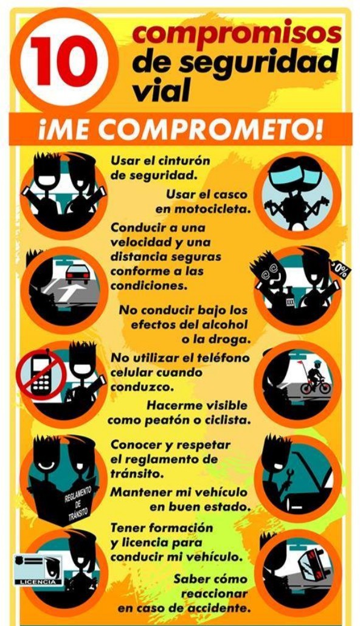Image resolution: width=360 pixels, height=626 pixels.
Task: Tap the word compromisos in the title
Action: tap(237, 34)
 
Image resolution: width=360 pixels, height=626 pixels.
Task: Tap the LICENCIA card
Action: tap(38, 570)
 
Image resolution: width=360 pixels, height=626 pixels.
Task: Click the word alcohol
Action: tap(224, 324)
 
